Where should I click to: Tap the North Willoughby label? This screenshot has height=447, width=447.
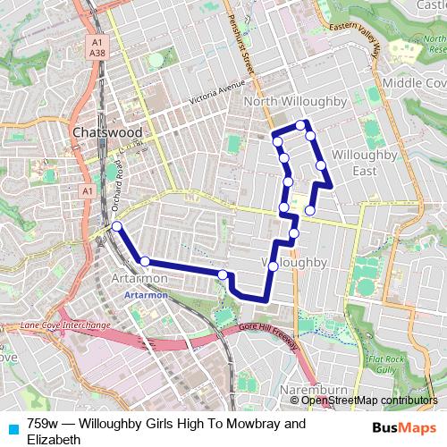point(295,102)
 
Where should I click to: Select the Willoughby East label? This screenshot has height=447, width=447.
point(358,162)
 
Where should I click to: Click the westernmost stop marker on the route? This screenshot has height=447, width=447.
point(117,227)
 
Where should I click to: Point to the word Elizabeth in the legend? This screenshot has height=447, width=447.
point(55,440)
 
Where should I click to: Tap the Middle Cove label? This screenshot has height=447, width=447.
point(413,82)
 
